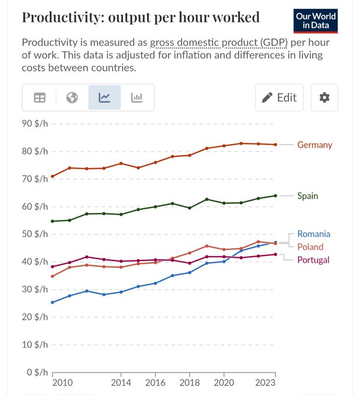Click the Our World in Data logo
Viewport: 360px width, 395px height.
[x=315, y=21]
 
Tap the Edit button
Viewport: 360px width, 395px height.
[x=279, y=98]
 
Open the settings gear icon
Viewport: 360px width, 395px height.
[x=324, y=98]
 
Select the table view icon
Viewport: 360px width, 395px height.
[x=39, y=98]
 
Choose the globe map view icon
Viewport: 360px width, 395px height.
[x=72, y=98]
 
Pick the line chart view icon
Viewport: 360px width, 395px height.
[x=104, y=98]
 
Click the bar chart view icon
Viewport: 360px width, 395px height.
[x=136, y=98]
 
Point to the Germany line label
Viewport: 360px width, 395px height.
[x=315, y=145]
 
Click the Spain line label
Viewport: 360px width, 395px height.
[x=308, y=196]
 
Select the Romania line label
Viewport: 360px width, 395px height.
[x=314, y=234]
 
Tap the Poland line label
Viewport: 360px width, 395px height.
[x=311, y=247]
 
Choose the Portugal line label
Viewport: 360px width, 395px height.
[x=314, y=260]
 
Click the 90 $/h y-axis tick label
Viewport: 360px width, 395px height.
[x=35, y=123]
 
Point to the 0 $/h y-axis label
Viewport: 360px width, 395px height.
[x=37, y=372]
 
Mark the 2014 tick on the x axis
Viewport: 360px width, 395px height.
[x=121, y=375]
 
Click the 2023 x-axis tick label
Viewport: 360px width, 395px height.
[x=265, y=383]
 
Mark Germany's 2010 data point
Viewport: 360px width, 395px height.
[x=52, y=177]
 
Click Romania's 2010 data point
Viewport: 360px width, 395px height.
[x=52, y=302]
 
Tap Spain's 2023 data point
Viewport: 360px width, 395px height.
[x=275, y=196]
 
